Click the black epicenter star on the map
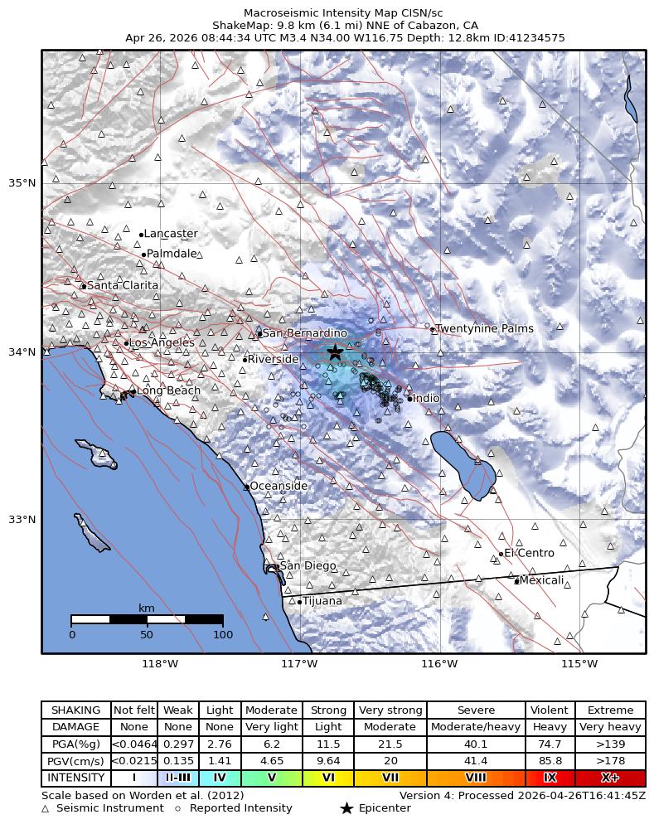pyautogui.click(x=335, y=351)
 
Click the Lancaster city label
pyautogui.click(x=171, y=235)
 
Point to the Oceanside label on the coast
pyautogui.click(x=279, y=487)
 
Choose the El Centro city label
pyautogui.click(x=529, y=553)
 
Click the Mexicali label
pyautogui.click(x=541, y=580)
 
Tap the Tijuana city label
pyautogui.click(x=322, y=601)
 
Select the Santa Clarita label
pyautogui.click(x=122, y=286)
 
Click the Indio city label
pyautogui.click(x=426, y=399)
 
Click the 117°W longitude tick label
pyautogui.click(x=299, y=663)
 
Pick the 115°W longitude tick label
pyautogui.click(x=579, y=663)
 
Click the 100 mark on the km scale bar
pyautogui.click(x=222, y=635)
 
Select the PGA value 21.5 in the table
pyautogui.click(x=390, y=744)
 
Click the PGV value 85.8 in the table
pyautogui.click(x=550, y=761)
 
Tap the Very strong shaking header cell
pyautogui.click(x=390, y=710)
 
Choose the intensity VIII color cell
pyautogui.click(x=476, y=778)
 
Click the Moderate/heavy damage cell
pyautogui.click(x=476, y=727)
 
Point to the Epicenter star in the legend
pyautogui.click(x=346, y=808)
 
